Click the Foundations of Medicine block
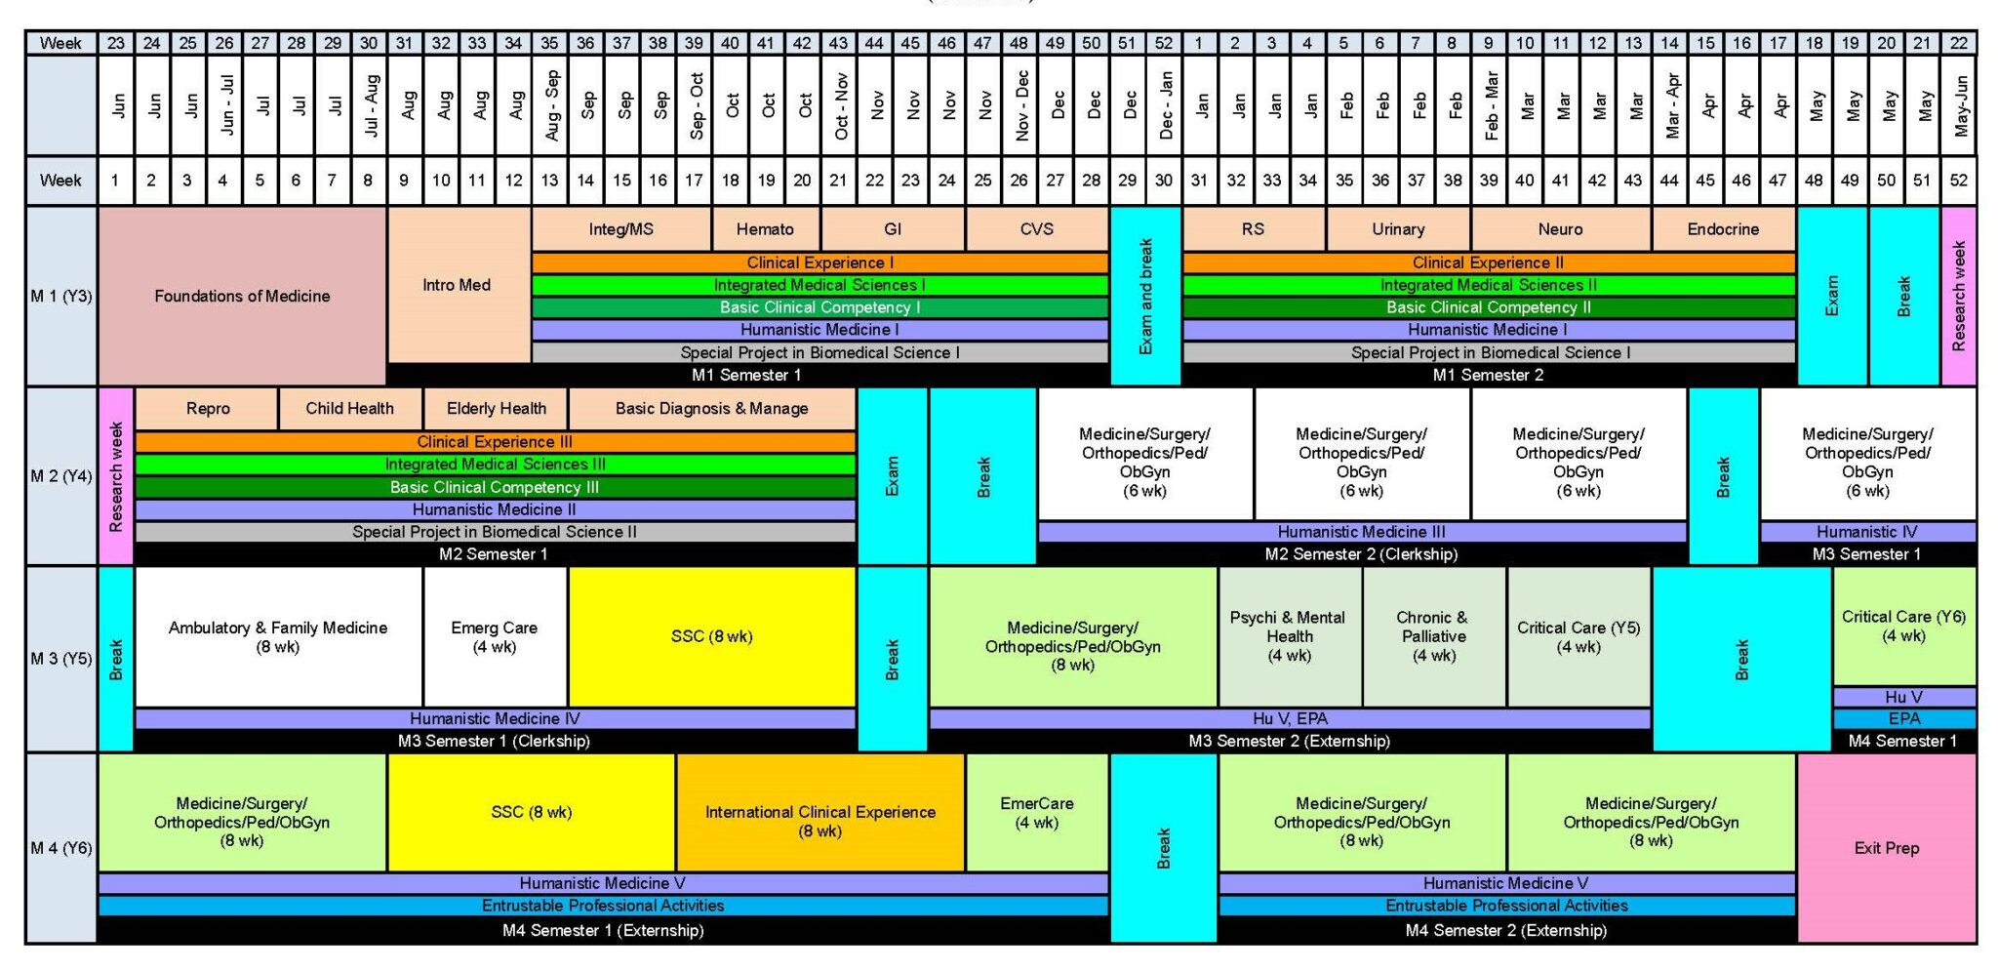[242, 296]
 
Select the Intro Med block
[458, 285]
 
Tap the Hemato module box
[765, 229]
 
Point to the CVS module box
[1036, 229]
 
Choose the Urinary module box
[1398, 229]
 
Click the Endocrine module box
[1723, 229]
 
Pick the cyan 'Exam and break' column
[1145, 296]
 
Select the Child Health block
[349, 409]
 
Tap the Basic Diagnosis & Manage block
[711, 409]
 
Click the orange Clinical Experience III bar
[495, 442]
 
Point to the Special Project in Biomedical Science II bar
[495, 532]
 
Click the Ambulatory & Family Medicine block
[278, 636]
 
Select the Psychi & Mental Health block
[1289, 636]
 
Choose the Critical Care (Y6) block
[1903, 627]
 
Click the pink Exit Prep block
[1886, 848]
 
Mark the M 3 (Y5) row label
[60, 659]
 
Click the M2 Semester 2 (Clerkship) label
[1361, 554]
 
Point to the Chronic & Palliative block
[1433, 636]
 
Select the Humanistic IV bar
[1867, 532]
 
